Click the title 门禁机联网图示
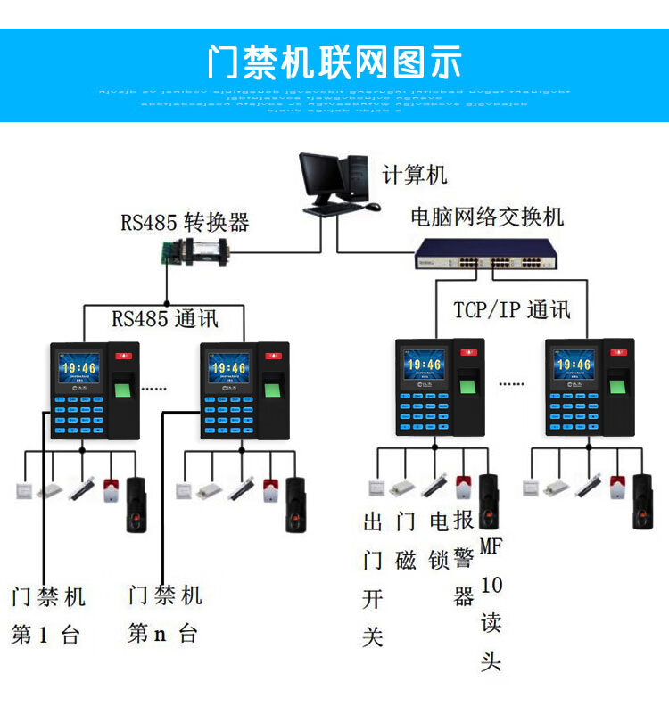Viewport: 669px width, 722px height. (334, 62)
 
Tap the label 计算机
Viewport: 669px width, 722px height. (415, 175)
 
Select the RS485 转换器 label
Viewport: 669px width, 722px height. (185, 221)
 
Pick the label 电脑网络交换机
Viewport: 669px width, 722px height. (487, 217)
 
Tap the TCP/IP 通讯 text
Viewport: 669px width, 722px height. (511, 309)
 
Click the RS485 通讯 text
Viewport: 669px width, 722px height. (165, 319)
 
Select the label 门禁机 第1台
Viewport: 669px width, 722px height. (48, 615)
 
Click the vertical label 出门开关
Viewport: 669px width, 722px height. (373, 579)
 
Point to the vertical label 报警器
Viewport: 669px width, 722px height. (463, 558)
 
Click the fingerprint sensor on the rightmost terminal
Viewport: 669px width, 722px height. (616, 387)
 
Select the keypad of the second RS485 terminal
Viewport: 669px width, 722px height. (228, 412)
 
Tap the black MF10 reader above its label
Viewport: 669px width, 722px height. (489, 503)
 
